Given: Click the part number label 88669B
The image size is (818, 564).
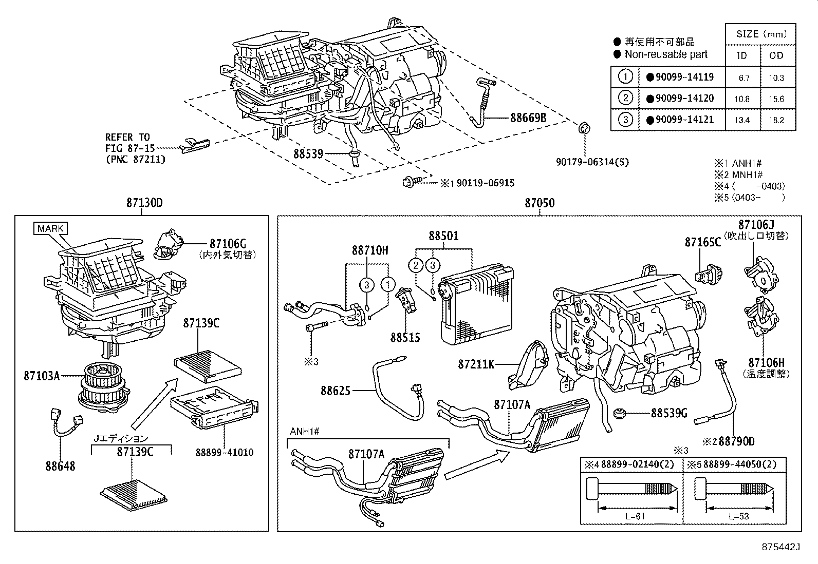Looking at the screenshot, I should [x=528, y=118].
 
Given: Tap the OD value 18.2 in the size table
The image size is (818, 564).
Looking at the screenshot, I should [x=776, y=121].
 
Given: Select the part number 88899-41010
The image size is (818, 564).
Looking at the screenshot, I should [x=224, y=453].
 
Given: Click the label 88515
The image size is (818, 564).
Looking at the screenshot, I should [x=405, y=338].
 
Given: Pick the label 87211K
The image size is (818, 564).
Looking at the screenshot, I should [x=476, y=364].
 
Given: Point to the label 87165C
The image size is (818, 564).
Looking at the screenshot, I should [x=702, y=242].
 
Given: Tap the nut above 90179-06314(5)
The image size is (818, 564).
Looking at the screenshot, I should [x=584, y=128].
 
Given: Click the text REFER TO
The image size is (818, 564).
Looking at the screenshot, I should [x=127, y=137].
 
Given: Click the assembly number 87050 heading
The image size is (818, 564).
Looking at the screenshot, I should [x=540, y=203].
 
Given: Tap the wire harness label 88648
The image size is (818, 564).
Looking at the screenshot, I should [x=60, y=466].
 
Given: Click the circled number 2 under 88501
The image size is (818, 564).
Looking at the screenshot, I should [x=416, y=265].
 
